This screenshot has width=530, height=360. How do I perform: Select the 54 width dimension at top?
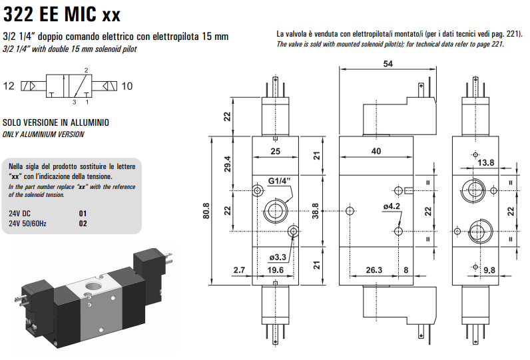[387, 64]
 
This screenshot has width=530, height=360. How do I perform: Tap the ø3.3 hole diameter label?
[278, 258]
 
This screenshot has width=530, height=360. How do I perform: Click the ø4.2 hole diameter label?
[392, 206]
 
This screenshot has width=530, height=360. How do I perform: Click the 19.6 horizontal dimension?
[275, 270]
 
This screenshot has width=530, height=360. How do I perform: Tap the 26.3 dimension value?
[374, 270]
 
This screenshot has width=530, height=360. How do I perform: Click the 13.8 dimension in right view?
[486, 162]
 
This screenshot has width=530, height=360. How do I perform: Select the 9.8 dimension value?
[489, 270]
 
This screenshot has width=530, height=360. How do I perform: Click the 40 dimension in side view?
[376, 151]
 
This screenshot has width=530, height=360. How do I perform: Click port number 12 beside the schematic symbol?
[9, 86]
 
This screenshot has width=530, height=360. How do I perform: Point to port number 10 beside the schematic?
[127, 86]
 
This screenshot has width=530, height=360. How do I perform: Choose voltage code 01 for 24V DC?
[83, 214]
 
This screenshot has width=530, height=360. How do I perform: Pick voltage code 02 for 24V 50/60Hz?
[83, 224]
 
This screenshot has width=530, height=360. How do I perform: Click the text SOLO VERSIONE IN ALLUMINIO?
[56, 123]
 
